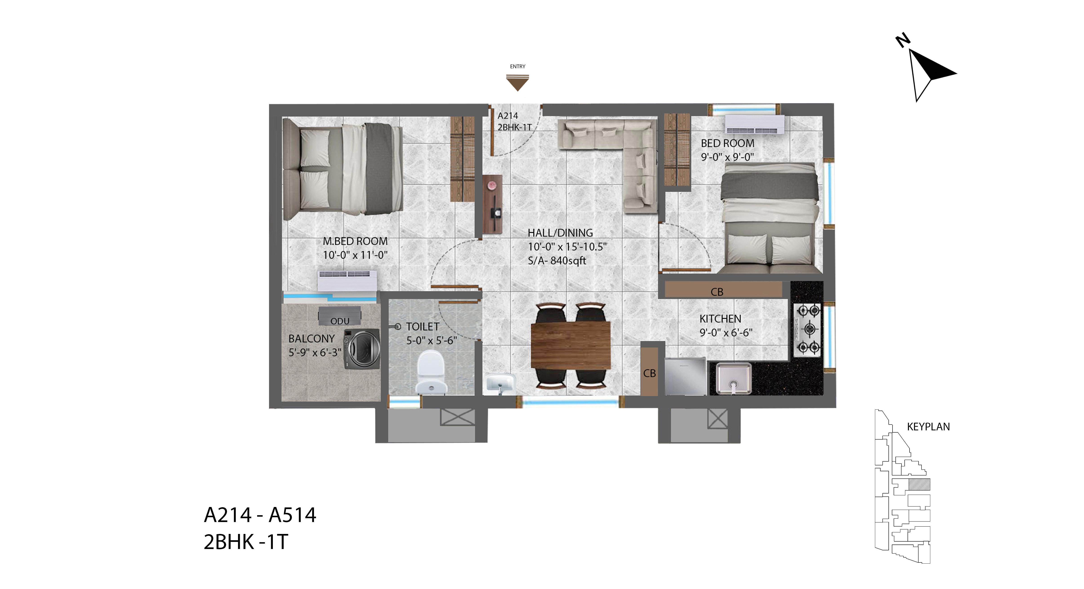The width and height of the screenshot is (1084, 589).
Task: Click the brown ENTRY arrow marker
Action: pyautogui.click(x=517, y=82)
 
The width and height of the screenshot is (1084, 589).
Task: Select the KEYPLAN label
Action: pyautogui.click(x=928, y=427)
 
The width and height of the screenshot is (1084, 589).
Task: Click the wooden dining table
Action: pyautogui.click(x=571, y=345)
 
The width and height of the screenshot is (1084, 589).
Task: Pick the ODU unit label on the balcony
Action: pyautogui.click(x=340, y=321)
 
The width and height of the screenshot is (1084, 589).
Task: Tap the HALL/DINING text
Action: pyautogui.click(x=560, y=233)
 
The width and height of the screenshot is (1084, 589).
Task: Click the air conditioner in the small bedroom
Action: pyautogui.click(x=755, y=125)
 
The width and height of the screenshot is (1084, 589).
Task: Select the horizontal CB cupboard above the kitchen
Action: pyautogui.click(x=723, y=290)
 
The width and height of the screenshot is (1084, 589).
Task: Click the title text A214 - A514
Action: pyautogui.click(x=260, y=515)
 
